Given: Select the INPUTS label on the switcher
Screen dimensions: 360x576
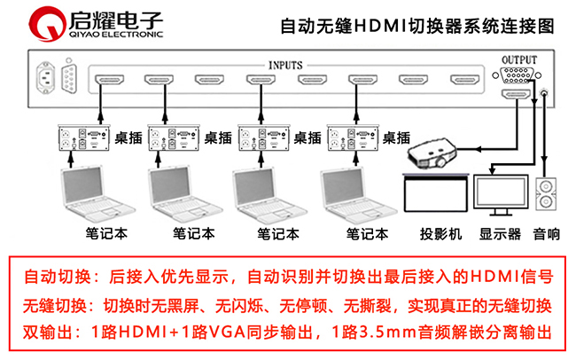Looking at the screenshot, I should point(285,65).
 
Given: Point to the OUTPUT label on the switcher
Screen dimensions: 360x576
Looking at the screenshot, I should point(518,59).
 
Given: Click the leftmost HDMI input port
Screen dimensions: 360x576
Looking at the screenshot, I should point(107,81).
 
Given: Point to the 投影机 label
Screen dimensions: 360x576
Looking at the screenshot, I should point(440,235).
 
